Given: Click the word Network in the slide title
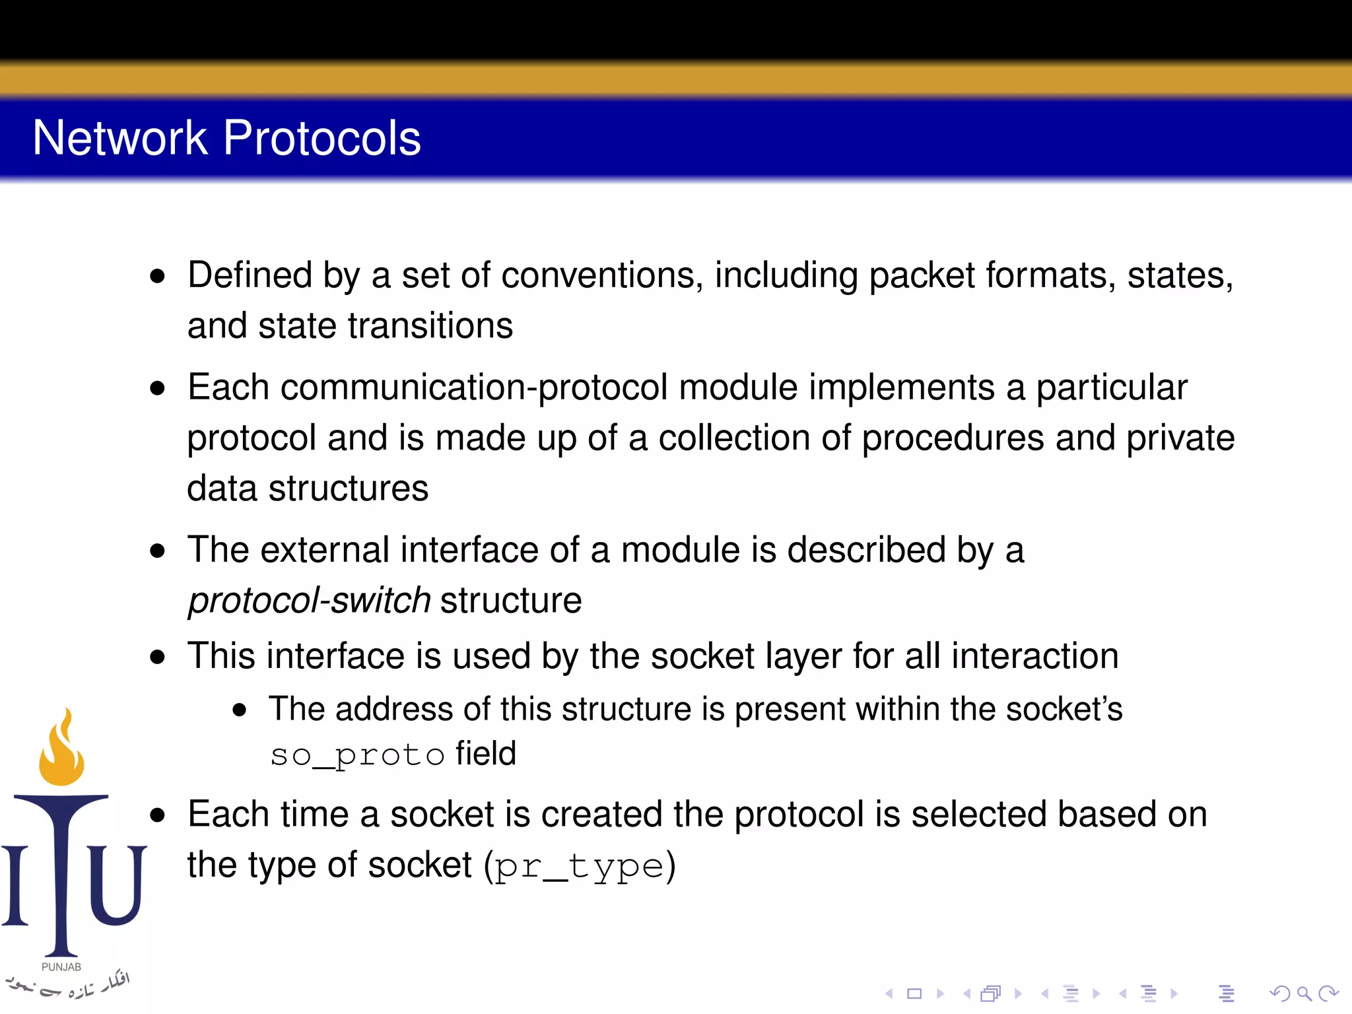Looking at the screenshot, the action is [120, 138].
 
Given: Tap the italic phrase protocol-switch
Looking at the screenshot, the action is [309, 600].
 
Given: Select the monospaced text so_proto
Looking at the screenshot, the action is [357, 755].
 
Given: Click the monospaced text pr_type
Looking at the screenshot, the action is [579, 866].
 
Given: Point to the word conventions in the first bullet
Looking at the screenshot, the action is [602, 275].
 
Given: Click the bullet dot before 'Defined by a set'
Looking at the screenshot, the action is [157, 276].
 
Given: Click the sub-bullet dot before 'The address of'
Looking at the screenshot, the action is [240, 710].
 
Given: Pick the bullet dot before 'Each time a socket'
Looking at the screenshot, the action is [157, 815].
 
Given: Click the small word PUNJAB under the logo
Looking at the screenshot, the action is [61, 966].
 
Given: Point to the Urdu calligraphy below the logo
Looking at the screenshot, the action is [69, 985].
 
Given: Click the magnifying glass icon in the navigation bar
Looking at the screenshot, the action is [1304, 993].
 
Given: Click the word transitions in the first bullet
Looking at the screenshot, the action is [430, 326].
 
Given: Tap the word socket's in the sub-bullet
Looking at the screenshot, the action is [1064, 709].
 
